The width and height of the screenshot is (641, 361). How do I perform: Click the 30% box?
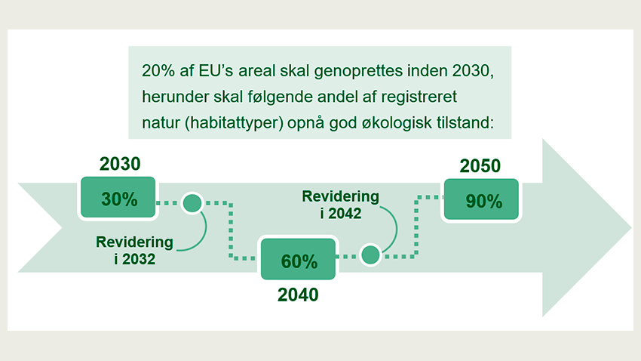pyautogui.click(x=118, y=199)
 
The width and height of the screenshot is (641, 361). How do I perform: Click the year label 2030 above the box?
pyautogui.click(x=121, y=164)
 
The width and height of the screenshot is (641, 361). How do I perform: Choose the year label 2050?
pyautogui.click(x=480, y=166)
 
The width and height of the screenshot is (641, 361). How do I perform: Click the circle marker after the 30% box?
pyautogui.click(x=192, y=203)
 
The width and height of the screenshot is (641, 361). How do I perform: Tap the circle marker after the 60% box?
pyautogui.click(x=370, y=255)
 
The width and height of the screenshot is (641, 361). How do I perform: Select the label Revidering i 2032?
pyautogui.click(x=134, y=250)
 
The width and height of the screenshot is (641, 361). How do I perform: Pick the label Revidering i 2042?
pyautogui.click(x=341, y=204)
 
